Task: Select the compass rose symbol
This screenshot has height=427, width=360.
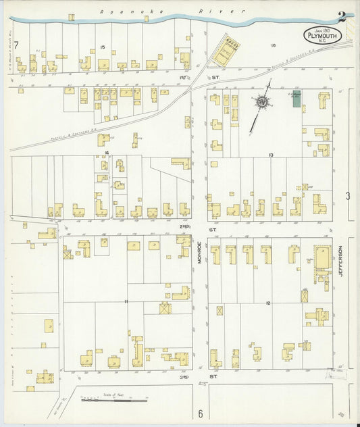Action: click(x=261, y=102)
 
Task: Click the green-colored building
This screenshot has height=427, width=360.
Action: click(x=297, y=99)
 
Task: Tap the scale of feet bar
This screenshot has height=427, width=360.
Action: click(x=114, y=400)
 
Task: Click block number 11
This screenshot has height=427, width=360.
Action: click(x=126, y=301)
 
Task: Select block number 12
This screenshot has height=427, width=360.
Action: click(x=268, y=303)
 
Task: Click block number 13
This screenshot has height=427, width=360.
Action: click(x=270, y=155)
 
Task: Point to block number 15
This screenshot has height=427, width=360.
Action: click(x=102, y=46)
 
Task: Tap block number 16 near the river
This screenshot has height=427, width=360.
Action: click(x=274, y=46)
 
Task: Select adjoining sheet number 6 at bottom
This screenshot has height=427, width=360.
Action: click(x=201, y=413)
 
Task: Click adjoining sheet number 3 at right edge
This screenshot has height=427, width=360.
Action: click(x=348, y=196)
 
